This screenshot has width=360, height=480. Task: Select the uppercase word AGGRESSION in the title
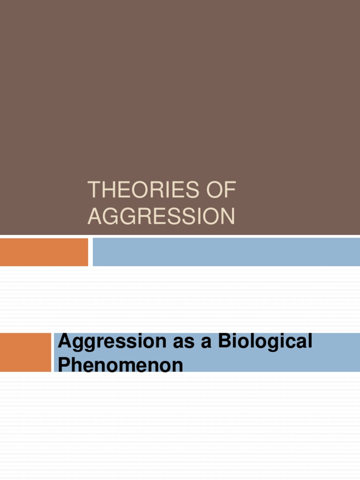point(161,216)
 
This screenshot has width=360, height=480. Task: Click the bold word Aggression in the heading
point(105,342)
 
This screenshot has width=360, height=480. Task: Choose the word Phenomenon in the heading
point(120,365)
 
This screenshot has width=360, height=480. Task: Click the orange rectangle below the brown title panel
point(44,252)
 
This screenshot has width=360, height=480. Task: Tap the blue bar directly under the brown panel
point(226,252)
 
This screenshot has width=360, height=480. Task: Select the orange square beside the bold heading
point(25,352)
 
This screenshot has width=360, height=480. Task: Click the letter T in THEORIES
point(93,191)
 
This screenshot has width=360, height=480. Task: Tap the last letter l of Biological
point(310,341)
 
